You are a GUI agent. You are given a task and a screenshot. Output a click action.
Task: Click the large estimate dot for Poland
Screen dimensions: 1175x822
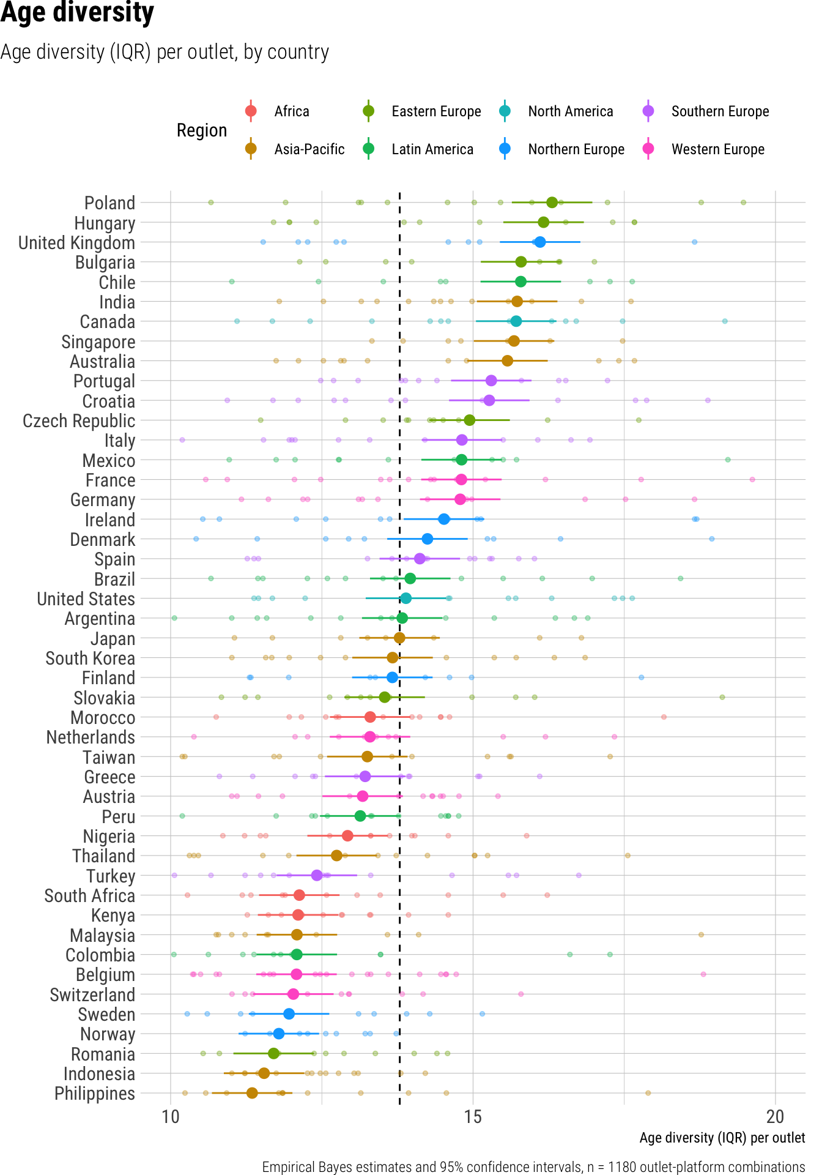tap(552, 203)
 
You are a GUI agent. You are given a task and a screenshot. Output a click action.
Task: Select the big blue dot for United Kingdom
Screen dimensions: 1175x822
tap(539, 242)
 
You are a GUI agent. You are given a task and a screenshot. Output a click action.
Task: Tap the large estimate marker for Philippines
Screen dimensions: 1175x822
tap(252, 1092)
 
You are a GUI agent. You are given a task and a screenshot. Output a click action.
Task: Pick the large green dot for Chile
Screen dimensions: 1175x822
tap(520, 282)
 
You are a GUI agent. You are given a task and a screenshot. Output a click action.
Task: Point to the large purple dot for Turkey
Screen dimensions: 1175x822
tap(317, 875)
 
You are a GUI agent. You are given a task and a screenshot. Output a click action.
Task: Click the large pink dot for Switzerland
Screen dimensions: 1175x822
tap(293, 994)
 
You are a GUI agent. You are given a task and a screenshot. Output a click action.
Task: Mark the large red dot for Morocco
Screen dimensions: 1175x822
tap(370, 717)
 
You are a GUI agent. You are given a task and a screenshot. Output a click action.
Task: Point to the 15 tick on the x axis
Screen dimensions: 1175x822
tap(473, 1117)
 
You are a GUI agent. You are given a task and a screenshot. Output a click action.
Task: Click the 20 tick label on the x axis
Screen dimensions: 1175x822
tap(775, 1117)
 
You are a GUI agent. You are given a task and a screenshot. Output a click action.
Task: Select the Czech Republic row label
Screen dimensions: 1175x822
tap(79, 421)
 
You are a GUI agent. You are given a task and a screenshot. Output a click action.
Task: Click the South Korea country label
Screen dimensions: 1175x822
tap(90, 658)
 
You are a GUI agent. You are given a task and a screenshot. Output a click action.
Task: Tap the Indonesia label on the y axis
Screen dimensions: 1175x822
tap(99, 1074)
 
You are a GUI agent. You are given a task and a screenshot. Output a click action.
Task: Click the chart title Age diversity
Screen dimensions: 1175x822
tap(77, 13)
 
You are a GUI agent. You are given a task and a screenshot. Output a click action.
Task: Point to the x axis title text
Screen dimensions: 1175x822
tap(722, 1138)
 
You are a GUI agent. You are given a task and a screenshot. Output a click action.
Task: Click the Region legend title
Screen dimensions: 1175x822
tap(202, 130)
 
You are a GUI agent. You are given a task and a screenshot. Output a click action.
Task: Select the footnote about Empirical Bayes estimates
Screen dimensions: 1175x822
tap(533, 1167)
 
